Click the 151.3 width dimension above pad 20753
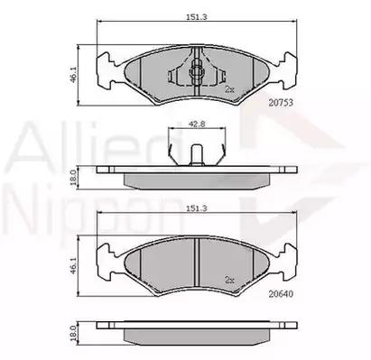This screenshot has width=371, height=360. tap(197, 17)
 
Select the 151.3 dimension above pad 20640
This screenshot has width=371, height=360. tap(197, 208)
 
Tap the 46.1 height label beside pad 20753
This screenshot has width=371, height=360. tap(73, 75)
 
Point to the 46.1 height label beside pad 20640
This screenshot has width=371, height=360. tap(73, 265)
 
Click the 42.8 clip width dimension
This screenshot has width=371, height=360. tap(197, 124)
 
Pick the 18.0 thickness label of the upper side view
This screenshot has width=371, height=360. tap(73, 178)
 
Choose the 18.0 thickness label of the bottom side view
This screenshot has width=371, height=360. tap(73, 333)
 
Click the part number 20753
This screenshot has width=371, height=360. tap(281, 103)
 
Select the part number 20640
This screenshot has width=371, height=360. tap(281, 294)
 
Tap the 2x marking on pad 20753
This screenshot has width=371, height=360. tap(229, 89)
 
